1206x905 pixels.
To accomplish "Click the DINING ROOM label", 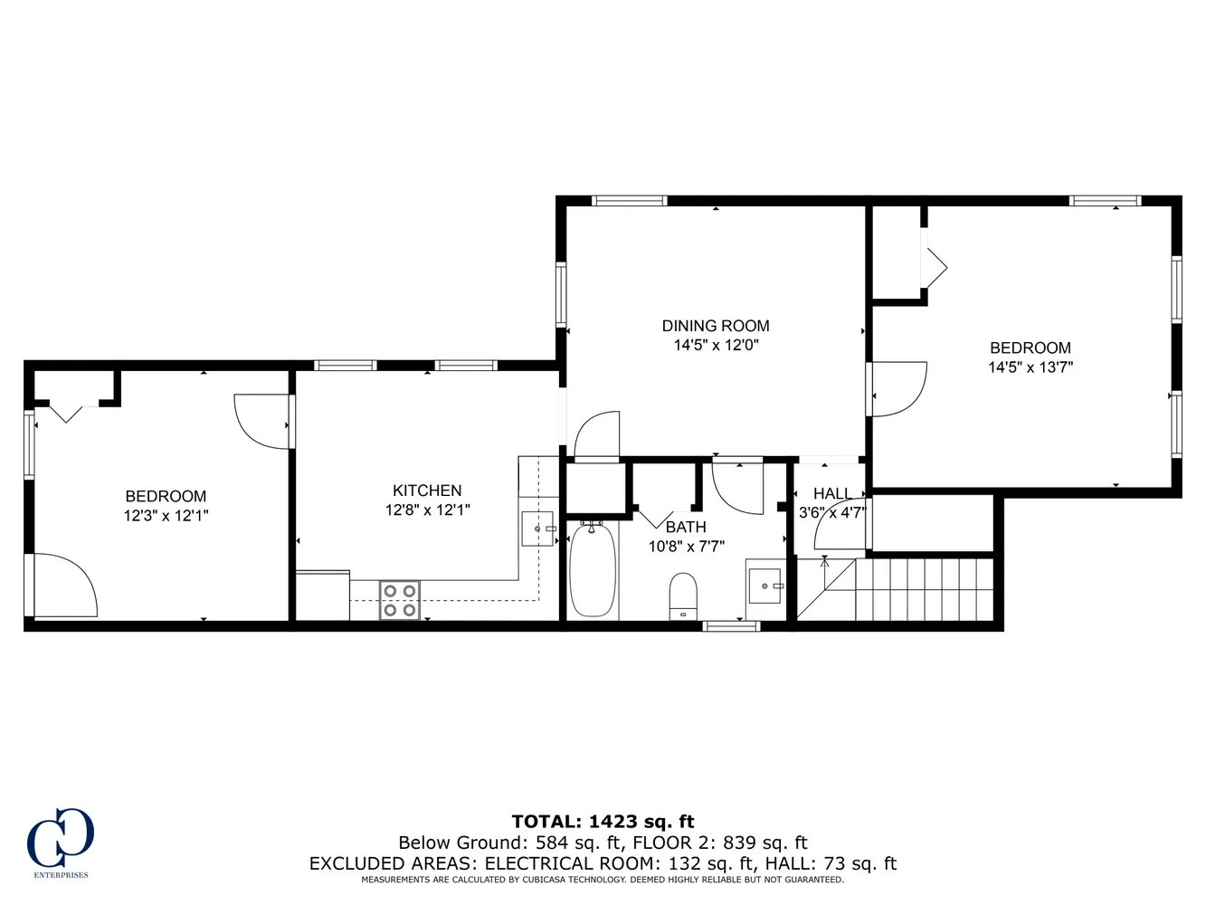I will pos(715,326).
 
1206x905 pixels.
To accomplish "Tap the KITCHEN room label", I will pos(427,491).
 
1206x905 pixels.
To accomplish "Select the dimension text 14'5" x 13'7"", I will pos(1030,367).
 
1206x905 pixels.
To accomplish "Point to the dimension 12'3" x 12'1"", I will pos(166,516).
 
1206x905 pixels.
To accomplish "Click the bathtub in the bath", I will pos(594,571).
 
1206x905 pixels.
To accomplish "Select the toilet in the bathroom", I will pos(683,595).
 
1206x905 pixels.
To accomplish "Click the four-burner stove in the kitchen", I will pos(400,600).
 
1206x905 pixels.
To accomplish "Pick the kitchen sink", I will pos(537,529).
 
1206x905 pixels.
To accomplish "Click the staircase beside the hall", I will pos(923,589).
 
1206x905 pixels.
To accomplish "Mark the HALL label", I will pos(831,494).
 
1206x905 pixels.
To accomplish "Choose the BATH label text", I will pos(686,527).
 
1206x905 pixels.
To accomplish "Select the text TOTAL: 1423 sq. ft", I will pos(603,822).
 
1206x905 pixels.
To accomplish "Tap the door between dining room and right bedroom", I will pos(896,389).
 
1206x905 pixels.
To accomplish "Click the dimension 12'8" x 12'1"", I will pos(427,510).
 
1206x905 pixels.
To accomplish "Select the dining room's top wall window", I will pos(629,201).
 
